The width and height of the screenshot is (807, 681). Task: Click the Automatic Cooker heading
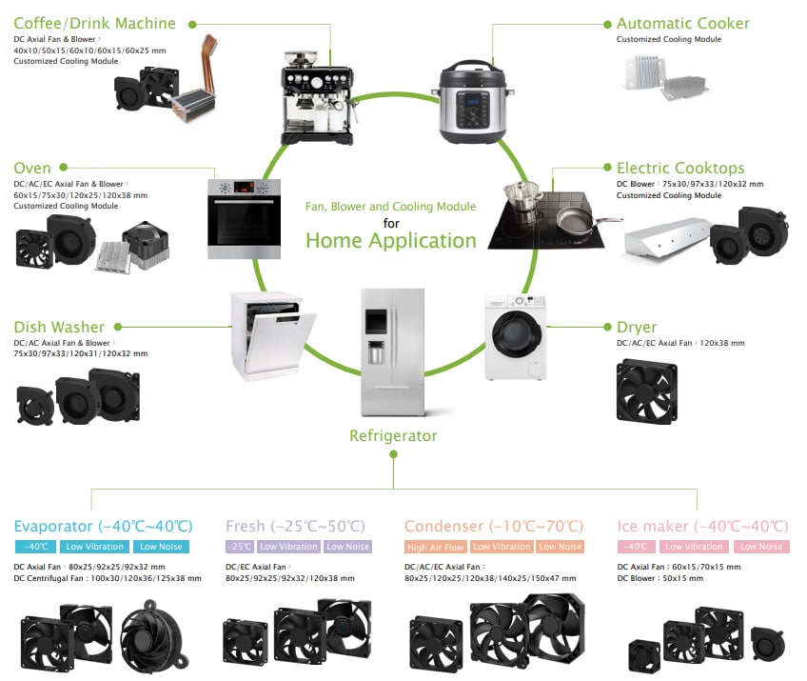pyautogui.click(x=682, y=24)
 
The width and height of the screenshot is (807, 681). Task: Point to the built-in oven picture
pyautogui.click(x=244, y=218)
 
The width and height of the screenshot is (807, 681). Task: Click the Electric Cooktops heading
pyautogui.click(x=680, y=169)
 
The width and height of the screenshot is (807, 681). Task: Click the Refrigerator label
pyautogui.click(x=393, y=436)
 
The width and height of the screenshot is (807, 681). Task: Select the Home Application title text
pyautogui.click(x=390, y=241)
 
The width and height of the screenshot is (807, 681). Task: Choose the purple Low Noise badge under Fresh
pyautogui.click(x=347, y=547)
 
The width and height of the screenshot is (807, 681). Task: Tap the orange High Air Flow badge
pyautogui.click(x=435, y=547)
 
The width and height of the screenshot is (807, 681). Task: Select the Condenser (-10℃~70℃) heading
pyautogui.click(x=493, y=526)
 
